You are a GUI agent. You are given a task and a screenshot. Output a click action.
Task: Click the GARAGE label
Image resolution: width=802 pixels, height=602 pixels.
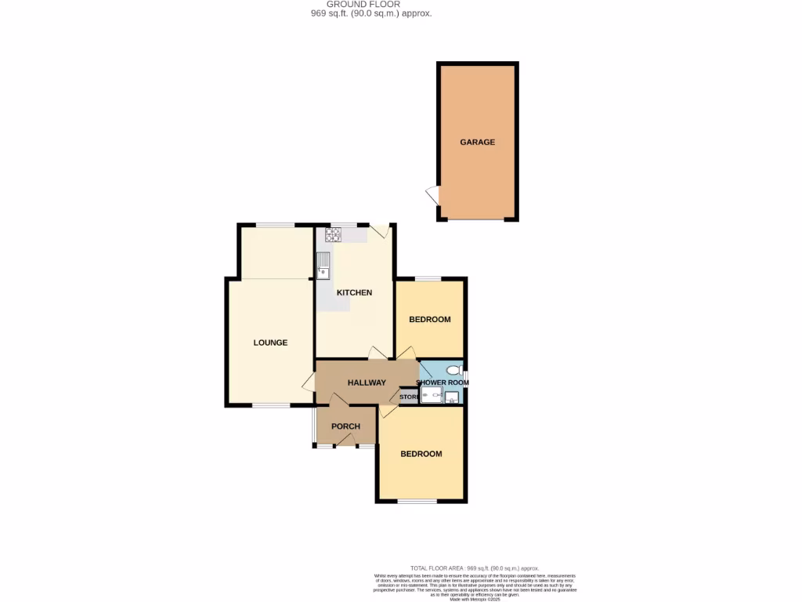tap(477, 142)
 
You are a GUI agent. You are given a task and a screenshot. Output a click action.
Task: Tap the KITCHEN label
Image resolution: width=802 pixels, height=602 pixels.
tap(354, 292)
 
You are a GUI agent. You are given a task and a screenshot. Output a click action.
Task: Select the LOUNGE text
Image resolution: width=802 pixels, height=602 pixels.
tap(270, 343)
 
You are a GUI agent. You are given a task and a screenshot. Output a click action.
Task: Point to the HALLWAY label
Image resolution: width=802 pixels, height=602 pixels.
tap(367, 383)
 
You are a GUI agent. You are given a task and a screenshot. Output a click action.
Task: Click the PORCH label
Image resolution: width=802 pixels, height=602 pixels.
tap(345, 426)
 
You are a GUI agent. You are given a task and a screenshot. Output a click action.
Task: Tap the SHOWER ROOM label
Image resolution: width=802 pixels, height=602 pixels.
tap(442, 383)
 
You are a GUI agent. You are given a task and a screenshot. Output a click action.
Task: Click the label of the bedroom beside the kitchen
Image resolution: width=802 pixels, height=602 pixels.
tap(430, 319)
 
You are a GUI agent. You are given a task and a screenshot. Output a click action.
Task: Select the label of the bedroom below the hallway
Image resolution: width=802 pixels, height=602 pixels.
tap(421, 454)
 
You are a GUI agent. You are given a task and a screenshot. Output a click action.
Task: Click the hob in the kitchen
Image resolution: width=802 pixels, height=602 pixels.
tap(333, 234)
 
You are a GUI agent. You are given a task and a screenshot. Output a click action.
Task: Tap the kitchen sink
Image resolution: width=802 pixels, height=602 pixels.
tap(323, 266)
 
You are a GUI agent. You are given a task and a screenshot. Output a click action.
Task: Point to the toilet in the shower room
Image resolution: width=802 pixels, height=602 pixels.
tap(452, 370)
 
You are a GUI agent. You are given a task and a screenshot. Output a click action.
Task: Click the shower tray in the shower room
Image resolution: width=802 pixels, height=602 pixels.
tap(431, 397)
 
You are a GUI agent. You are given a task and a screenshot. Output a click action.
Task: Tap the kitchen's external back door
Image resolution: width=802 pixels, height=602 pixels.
tap(379, 230)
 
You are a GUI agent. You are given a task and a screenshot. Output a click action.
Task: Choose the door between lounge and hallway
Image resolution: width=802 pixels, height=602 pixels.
tap(309, 383)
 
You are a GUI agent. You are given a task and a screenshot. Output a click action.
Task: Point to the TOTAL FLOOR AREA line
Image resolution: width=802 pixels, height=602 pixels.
tap(475, 568)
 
